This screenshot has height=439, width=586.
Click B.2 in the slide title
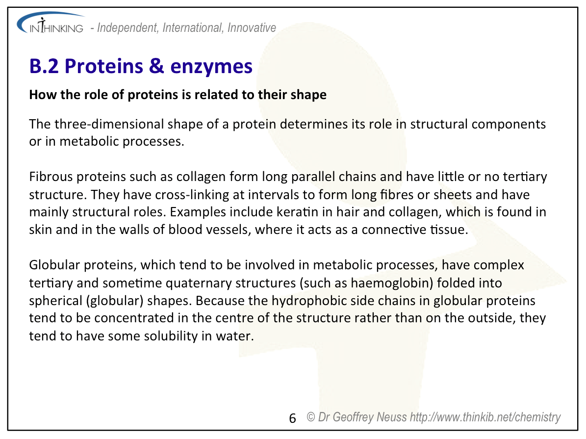(x=44, y=66)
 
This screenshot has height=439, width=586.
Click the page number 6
(x=293, y=418)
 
